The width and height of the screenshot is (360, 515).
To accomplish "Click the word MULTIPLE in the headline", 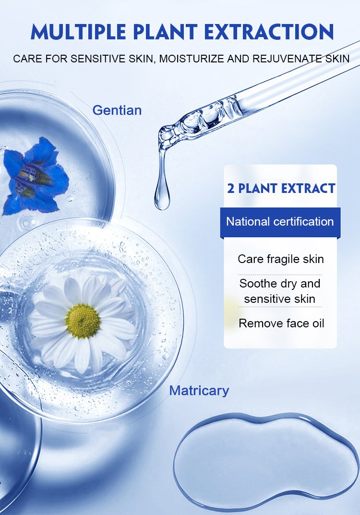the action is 78,32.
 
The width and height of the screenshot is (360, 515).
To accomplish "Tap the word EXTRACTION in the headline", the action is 269,32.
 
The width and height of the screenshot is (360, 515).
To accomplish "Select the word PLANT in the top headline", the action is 165,32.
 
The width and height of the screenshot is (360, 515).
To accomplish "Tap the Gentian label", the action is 117,110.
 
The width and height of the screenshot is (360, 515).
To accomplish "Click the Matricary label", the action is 199,391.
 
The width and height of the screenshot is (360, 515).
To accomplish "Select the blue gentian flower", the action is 36,177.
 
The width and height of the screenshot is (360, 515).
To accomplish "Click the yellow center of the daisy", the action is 83,321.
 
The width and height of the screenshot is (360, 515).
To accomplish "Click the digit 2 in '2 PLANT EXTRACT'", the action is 230,189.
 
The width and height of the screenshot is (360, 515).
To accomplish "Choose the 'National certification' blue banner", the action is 280,222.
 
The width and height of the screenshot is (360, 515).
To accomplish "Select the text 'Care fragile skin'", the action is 281,259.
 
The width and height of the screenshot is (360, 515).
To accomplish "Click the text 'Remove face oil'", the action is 281,323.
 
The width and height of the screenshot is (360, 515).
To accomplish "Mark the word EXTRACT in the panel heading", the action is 308,189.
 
